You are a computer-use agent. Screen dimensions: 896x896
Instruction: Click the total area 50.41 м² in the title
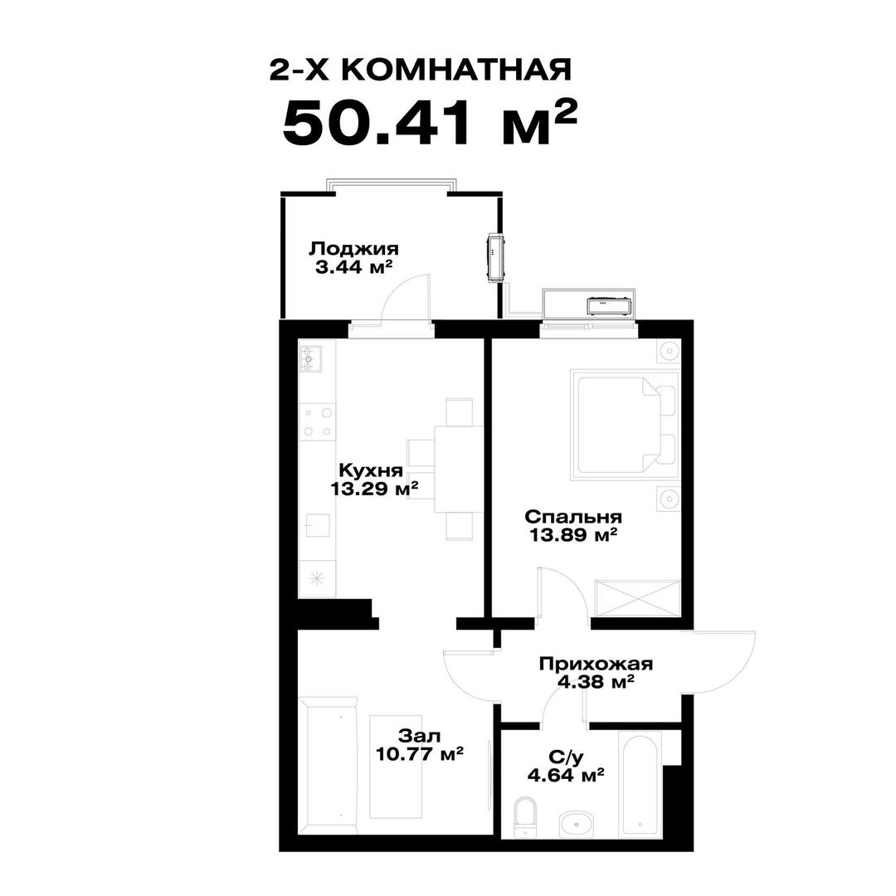pos(429,124)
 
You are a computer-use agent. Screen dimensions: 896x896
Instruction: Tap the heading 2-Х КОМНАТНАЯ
pos(420,71)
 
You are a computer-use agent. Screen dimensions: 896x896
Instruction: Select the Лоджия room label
pos(353,248)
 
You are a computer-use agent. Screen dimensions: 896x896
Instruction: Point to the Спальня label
pos(572,516)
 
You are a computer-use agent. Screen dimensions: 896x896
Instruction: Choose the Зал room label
pos(419,736)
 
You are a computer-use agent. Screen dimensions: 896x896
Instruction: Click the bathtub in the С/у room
pos(641,784)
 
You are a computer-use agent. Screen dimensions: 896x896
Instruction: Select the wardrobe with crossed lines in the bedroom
pos(637,598)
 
